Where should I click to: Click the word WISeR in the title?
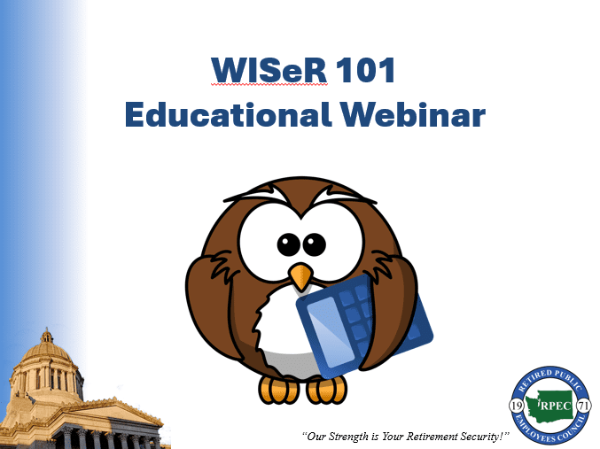click(269, 70)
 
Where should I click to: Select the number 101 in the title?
click(365, 70)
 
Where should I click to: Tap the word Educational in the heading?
click(228, 114)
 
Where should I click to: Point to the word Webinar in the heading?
click(413, 114)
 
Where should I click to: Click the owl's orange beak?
click(300, 276)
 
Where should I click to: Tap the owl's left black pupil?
click(289, 244)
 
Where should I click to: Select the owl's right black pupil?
click(314, 244)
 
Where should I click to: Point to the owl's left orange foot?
click(278, 390)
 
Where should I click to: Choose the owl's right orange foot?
click(326, 390)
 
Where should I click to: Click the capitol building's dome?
click(46, 351)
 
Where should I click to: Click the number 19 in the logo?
click(517, 406)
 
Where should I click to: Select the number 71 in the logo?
click(584, 406)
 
